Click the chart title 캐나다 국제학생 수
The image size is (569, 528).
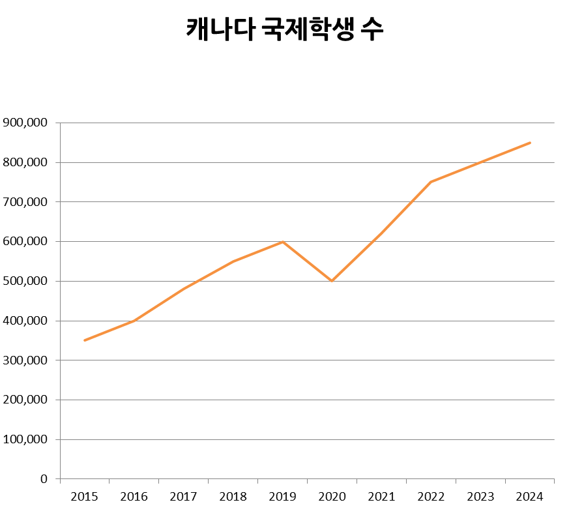click(x=285, y=29)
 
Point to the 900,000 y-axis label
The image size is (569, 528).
click(x=25, y=123)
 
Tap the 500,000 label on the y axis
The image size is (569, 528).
click(x=25, y=281)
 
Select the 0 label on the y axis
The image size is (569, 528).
click(x=44, y=479)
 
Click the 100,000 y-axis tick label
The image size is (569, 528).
click(x=25, y=439)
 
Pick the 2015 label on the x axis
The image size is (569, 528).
click(x=84, y=497)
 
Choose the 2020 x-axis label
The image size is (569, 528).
click(x=332, y=497)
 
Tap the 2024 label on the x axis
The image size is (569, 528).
click(x=529, y=497)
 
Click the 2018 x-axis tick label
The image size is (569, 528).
click(x=233, y=497)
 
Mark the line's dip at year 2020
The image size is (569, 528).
click(x=332, y=281)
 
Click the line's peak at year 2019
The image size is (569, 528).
click(x=283, y=242)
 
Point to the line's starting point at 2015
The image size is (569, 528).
click(x=85, y=340)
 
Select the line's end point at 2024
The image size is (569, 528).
click(x=530, y=143)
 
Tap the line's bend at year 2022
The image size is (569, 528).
click(x=431, y=182)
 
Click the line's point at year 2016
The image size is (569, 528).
click(x=134, y=321)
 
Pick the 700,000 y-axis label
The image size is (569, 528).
click(x=25, y=202)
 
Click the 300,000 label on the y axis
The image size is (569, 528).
click(x=25, y=360)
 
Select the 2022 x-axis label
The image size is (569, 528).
click(x=431, y=497)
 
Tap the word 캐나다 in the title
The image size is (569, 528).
click(x=219, y=29)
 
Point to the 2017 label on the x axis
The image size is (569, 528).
click(x=183, y=497)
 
